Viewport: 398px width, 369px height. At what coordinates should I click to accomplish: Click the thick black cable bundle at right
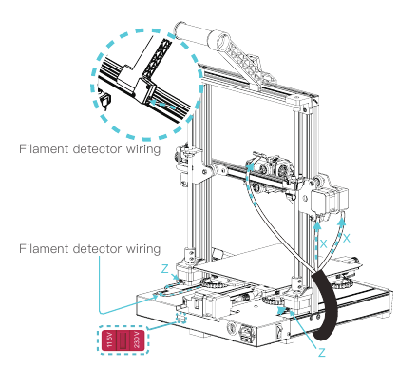(x=330, y=302)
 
